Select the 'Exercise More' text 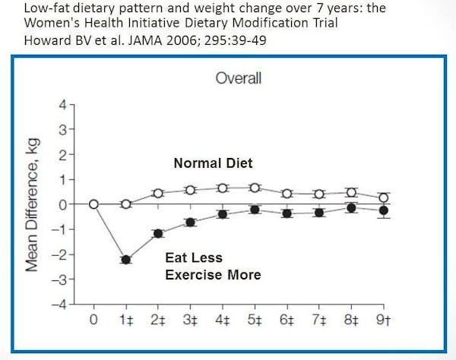[213, 274]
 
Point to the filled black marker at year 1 [125, 260]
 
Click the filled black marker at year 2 [158, 233]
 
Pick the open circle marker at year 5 [255, 188]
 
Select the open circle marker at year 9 [384, 197]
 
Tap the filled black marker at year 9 [384, 210]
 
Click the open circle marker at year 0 [93, 204]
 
